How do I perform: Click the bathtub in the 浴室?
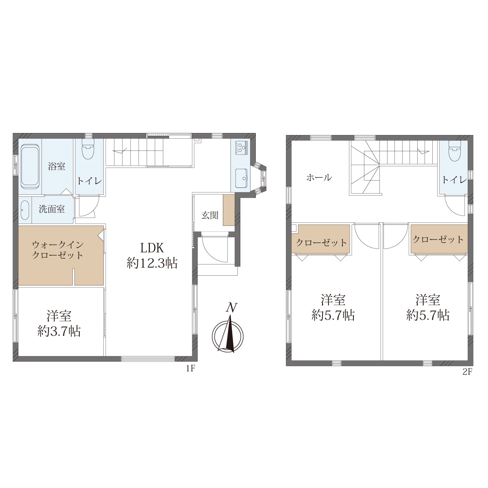pyautogui.click(x=30, y=166)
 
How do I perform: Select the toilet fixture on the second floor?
pyautogui.click(x=454, y=151)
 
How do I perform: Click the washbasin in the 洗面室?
pyautogui.click(x=24, y=210)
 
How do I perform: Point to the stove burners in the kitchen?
pyautogui.click(x=240, y=148)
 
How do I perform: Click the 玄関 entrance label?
pyautogui.click(x=210, y=215)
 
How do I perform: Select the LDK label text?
pyautogui.click(x=152, y=248)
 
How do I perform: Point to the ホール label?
pyautogui.click(x=319, y=178)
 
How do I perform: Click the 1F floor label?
pyautogui.click(x=190, y=369)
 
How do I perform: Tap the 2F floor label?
pyautogui.click(x=467, y=372)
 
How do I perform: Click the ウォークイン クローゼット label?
pyautogui.click(x=58, y=250)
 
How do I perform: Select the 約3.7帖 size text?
pyautogui.click(x=59, y=331)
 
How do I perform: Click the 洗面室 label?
pyautogui.click(x=52, y=209)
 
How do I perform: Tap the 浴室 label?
pyautogui.click(x=57, y=166)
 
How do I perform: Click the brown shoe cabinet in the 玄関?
pyautogui.click(x=229, y=210)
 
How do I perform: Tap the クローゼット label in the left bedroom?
pyautogui.click(x=321, y=243)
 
